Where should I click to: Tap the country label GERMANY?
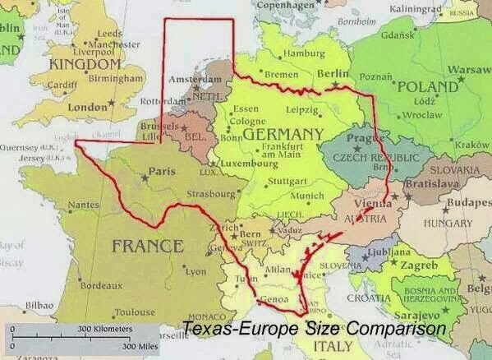(x=283, y=134)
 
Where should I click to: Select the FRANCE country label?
(x=148, y=245)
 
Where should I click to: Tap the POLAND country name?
(x=426, y=86)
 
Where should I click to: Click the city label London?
(x=87, y=107)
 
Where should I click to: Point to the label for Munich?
(x=308, y=196)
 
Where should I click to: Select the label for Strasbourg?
(x=212, y=195)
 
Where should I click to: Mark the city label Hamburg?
(x=303, y=54)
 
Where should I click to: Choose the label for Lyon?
(x=197, y=270)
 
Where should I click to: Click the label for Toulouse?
(x=135, y=312)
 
